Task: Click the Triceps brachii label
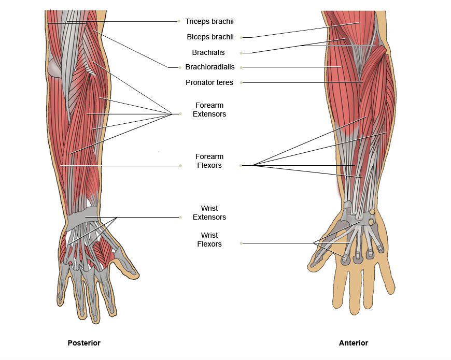(x=209, y=21)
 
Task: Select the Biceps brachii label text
(x=210, y=37)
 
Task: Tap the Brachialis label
(x=208, y=52)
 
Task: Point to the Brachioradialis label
(x=210, y=67)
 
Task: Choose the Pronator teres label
(x=209, y=82)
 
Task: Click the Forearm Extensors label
(x=209, y=109)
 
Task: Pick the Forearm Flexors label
(x=209, y=161)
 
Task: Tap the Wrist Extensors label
(x=209, y=212)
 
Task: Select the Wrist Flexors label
(x=209, y=240)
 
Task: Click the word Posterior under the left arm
(x=84, y=343)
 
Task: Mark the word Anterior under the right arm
(x=354, y=343)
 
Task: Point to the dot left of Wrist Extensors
(x=180, y=217)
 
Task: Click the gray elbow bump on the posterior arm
(x=54, y=68)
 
